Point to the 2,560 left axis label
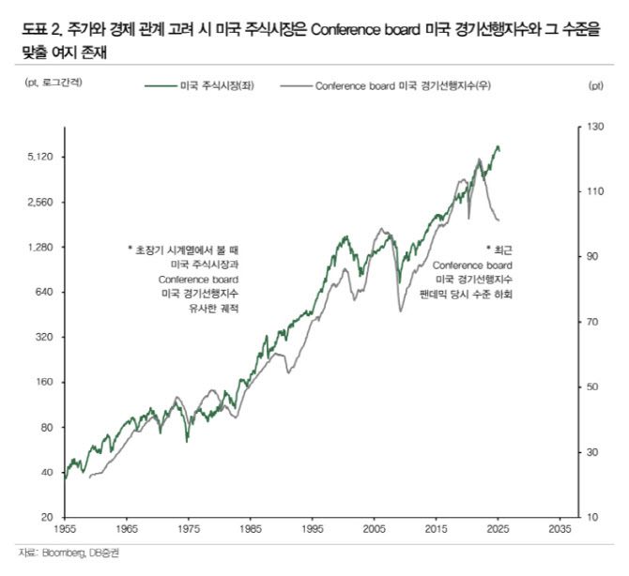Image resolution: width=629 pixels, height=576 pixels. tap(41, 202)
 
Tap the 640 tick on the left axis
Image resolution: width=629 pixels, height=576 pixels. tap(46, 292)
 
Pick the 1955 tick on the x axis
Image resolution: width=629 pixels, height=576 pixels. tap(65, 529)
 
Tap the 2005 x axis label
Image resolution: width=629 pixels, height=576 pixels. tap(374, 529)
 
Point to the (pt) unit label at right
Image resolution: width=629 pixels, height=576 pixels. tap(596, 85)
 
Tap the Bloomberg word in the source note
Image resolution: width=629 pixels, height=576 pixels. tap(57, 553)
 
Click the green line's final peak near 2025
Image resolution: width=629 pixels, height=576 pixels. tap(498, 145)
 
